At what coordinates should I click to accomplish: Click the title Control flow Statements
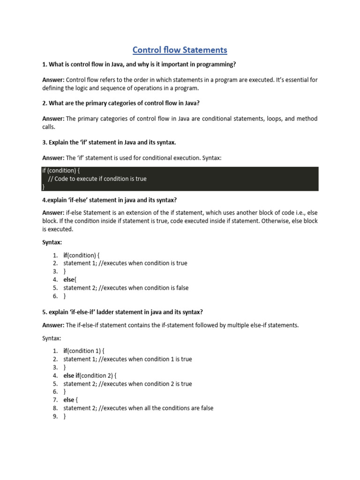pos(180,50)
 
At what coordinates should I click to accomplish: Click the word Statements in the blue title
pos(204,50)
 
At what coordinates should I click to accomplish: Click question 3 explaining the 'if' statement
pos(109,142)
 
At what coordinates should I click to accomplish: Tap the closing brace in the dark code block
pos(43,187)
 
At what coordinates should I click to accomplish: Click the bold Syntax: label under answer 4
pos(52,242)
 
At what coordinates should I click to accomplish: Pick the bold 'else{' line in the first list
pos(70,280)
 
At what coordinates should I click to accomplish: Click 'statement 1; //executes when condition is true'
pos(125,263)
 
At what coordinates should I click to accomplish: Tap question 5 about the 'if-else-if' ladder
pos(122,312)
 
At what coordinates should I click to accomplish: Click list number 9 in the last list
pos(55,416)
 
